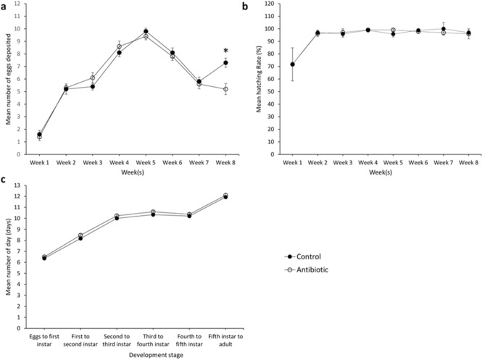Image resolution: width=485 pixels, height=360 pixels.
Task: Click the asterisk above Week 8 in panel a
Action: pos(225,51)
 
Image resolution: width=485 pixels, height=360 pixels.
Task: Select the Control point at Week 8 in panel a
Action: pos(225,63)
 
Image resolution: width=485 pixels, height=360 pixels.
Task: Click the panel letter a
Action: pos(5,6)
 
